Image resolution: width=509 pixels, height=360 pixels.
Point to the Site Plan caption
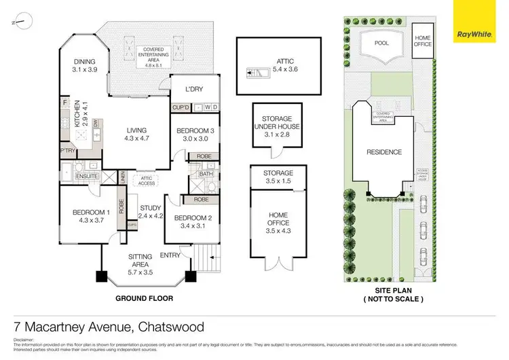pos(384,295)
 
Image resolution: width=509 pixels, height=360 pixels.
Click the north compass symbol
pos(22,20)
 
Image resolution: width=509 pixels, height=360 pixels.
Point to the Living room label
pos(136,134)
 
